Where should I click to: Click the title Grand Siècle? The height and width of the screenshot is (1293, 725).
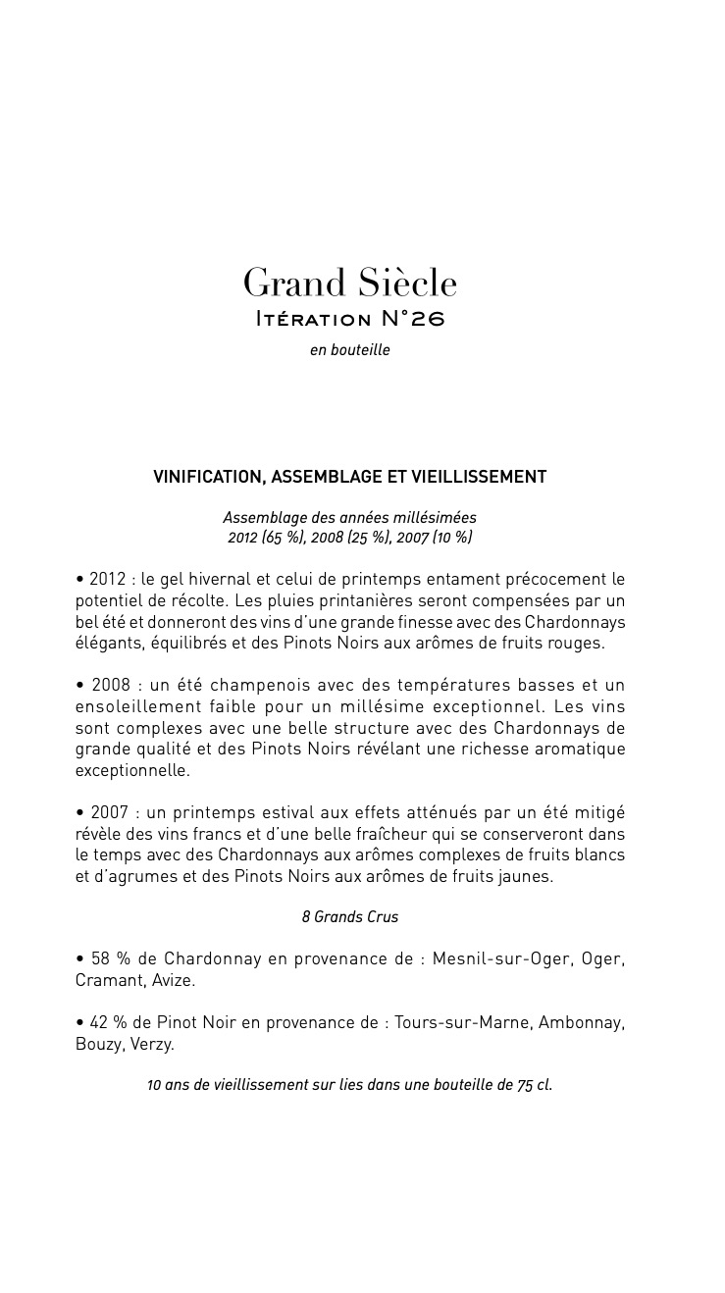click(x=350, y=284)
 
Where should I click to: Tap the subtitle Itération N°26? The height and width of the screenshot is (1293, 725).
click(x=349, y=320)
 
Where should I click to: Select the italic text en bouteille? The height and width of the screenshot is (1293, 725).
click(x=349, y=350)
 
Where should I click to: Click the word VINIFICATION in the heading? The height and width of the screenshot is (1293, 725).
click(x=208, y=477)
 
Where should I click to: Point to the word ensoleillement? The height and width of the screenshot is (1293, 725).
click(x=136, y=706)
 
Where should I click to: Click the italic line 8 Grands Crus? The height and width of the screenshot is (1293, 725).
click(x=349, y=917)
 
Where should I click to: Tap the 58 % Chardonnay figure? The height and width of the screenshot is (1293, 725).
click(x=108, y=958)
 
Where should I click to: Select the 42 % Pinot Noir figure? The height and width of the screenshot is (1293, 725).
click(x=107, y=1022)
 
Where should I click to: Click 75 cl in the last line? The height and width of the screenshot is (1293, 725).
click(x=535, y=1086)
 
